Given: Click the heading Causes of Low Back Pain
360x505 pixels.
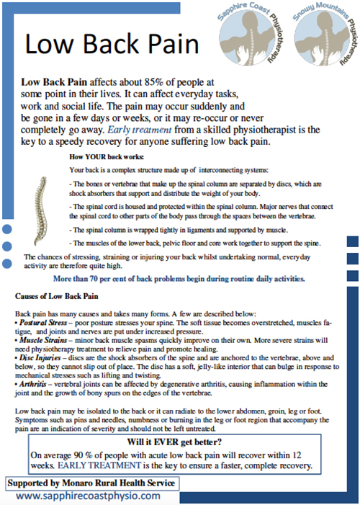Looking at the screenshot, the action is pos(61,296).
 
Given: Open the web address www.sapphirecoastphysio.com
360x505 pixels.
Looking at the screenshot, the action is pos(87,496).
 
